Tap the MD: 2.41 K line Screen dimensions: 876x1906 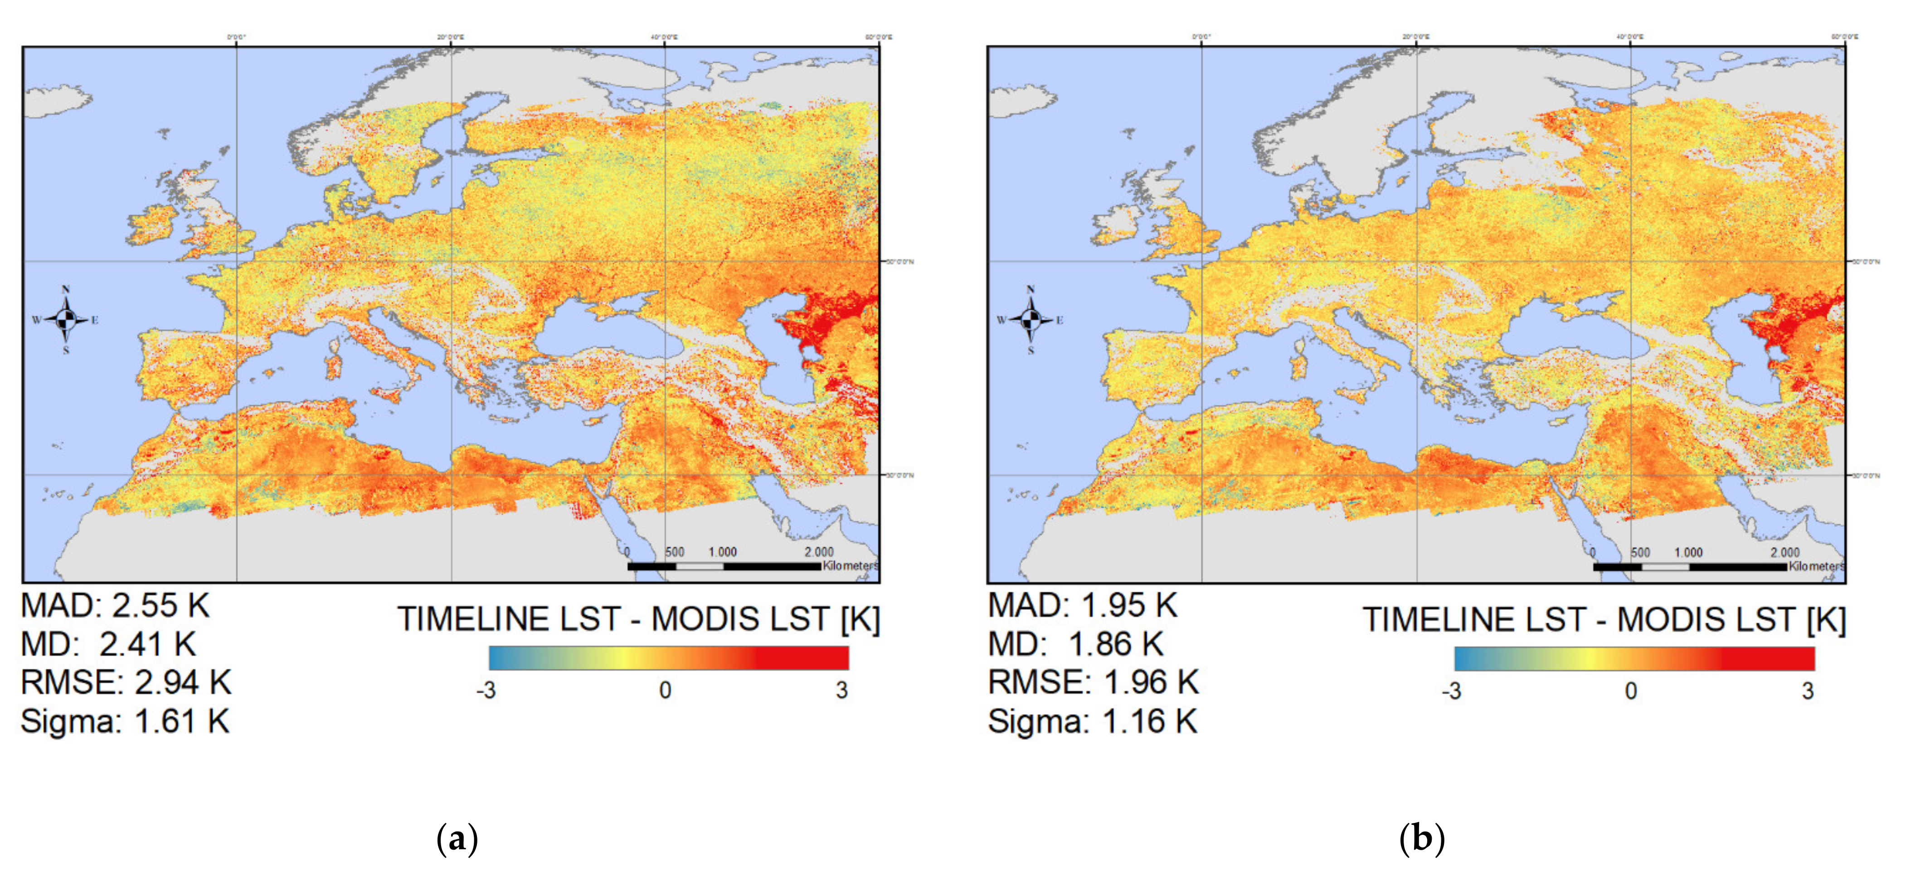click(x=108, y=644)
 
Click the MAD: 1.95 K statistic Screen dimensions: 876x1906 click(x=1082, y=606)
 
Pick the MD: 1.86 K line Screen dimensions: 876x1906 click(x=1075, y=644)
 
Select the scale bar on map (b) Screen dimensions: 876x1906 click(x=1690, y=567)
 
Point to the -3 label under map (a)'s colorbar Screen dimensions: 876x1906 click(x=486, y=690)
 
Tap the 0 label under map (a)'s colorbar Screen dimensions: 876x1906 click(x=665, y=690)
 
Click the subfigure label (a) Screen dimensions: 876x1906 click(x=457, y=839)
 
